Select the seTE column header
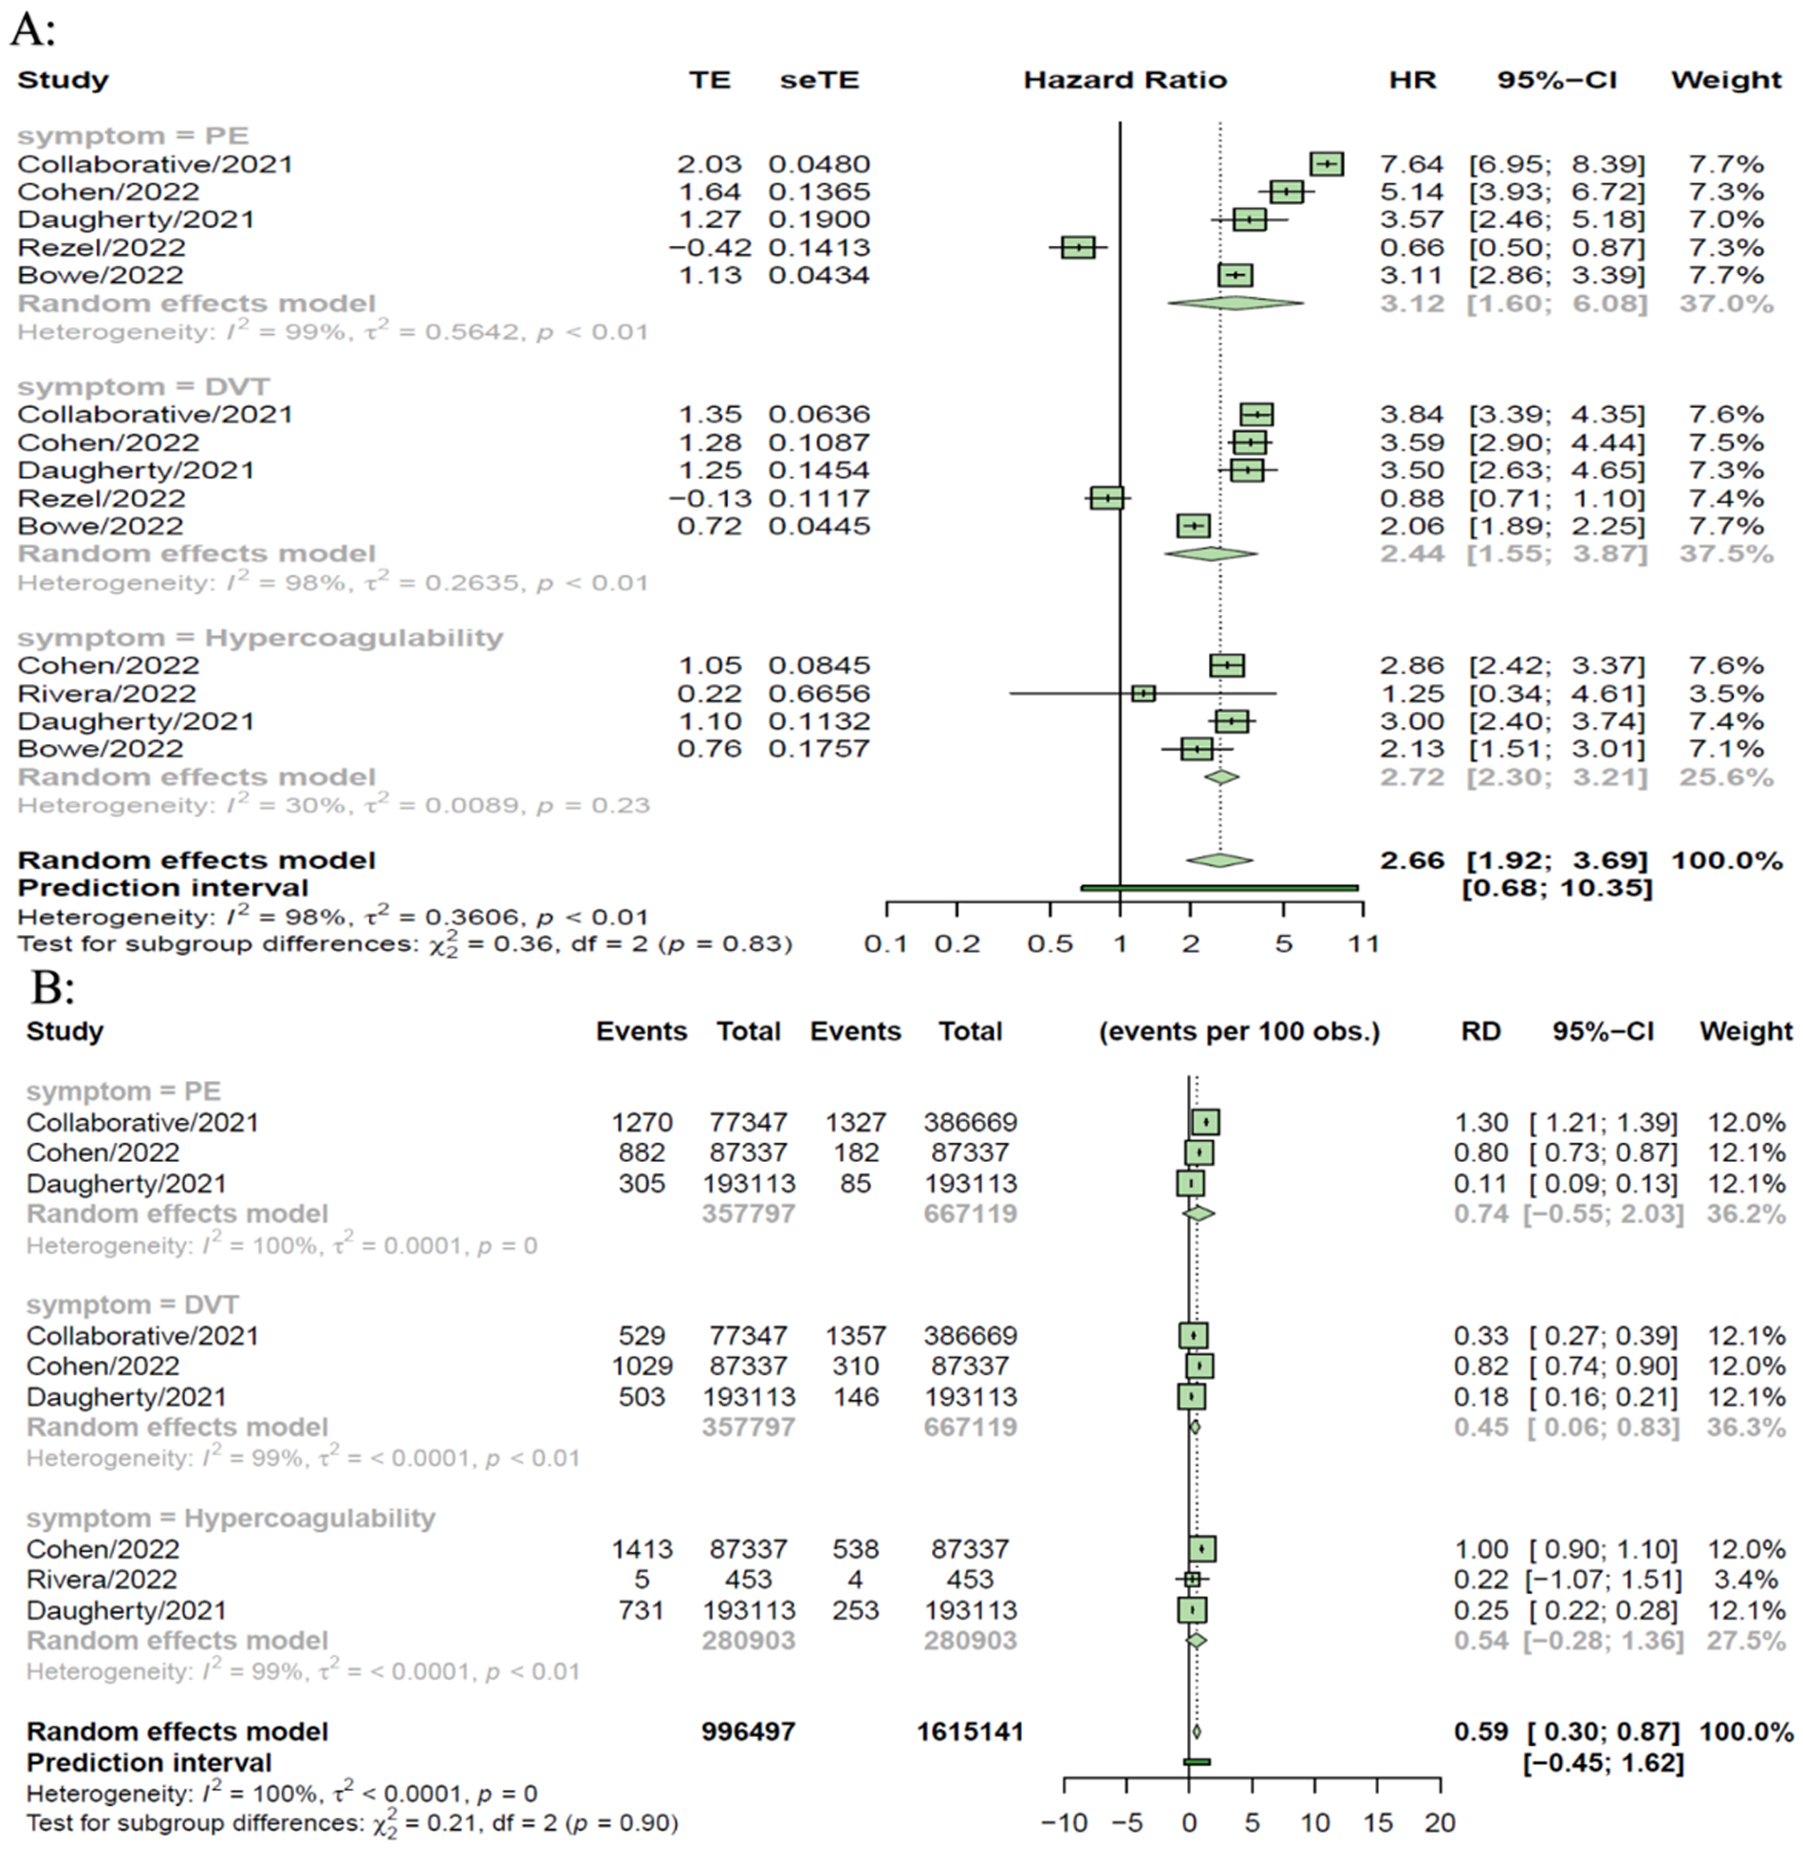point(819,81)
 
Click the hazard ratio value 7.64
point(1411,164)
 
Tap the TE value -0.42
point(709,248)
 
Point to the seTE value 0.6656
point(819,694)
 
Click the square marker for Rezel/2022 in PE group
point(1078,248)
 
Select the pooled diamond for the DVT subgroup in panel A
point(1210,553)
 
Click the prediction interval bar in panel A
point(1219,888)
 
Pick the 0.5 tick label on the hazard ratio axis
point(1050,944)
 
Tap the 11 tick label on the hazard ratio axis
point(1364,944)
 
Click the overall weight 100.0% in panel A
point(1726,861)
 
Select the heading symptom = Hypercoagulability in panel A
point(260,637)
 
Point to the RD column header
point(1480,1032)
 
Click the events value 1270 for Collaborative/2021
point(641,1122)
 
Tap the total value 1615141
point(970,1731)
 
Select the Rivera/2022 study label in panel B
point(102,1579)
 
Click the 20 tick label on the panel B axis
point(1440,1822)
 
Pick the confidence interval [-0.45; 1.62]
point(1603,1763)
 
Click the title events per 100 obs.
point(1238,1032)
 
